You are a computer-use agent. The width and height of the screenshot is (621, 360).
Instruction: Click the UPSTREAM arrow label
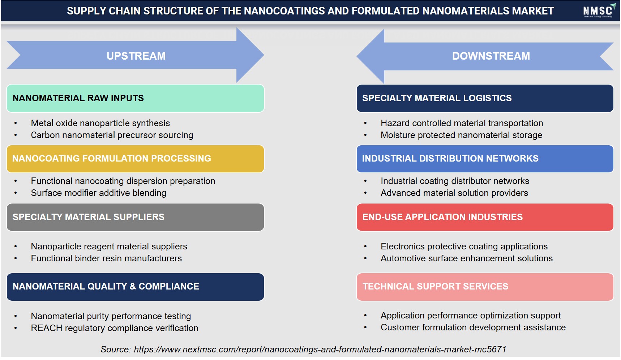tap(136, 56)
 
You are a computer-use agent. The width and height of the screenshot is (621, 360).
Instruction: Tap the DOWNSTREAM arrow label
tap(491, 56)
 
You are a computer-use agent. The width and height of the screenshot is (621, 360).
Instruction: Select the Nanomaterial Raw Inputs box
tap(135, 98)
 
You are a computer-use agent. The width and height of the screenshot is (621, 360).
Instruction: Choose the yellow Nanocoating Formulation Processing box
tap(135, 159)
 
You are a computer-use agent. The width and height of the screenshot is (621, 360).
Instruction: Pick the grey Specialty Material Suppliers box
tap(135, 217)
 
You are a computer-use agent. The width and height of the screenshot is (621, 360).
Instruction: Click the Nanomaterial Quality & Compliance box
tap(135, 287)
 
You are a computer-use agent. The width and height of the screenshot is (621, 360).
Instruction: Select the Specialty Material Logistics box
tap(485, 98)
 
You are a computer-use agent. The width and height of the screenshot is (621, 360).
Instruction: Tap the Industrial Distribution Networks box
tap(485, 159)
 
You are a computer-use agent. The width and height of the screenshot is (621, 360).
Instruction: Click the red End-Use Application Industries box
tap(485, 217)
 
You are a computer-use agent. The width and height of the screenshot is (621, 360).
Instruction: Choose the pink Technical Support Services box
tap(485, 287)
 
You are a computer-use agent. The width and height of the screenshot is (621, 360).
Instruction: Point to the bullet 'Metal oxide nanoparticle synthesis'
tap(100, 123)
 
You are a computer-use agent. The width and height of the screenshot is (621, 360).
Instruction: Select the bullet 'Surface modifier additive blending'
tap(98, 193)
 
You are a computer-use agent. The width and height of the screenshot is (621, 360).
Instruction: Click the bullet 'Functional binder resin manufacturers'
tap(106, 258)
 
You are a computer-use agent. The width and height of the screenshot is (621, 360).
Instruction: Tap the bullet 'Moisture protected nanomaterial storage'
tap(461, 135)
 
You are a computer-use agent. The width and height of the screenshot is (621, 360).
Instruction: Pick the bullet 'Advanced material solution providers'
tap(454, 193)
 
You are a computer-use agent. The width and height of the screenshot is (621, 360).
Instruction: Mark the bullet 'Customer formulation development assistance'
tap(473, 327)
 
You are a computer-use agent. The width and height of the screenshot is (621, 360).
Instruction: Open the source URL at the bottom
tap(320, 350)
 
